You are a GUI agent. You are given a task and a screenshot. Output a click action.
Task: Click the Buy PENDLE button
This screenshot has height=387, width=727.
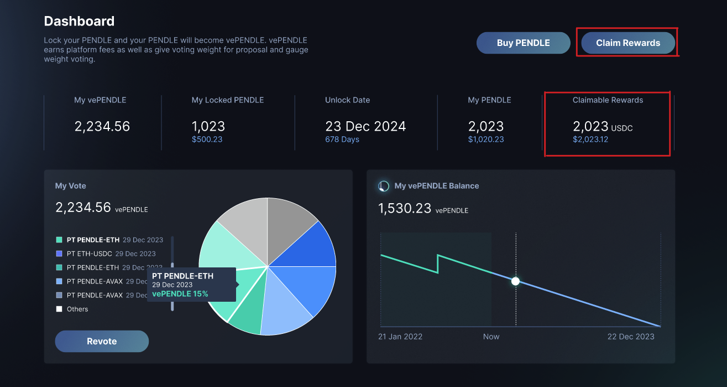(523, 43)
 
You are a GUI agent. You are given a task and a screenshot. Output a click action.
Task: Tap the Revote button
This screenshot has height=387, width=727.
(102, 341)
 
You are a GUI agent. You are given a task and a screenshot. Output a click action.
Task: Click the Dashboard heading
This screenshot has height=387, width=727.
(79, 22)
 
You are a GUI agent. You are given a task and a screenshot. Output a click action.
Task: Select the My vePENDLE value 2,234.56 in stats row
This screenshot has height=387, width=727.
(102, 126)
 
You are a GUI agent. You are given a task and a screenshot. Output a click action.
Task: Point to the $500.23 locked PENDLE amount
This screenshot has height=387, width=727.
(207, 140)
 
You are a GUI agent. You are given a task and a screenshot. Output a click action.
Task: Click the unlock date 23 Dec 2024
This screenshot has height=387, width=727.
(365, 126)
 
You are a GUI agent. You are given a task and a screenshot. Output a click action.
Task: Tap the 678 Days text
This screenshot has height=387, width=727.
(342, 140)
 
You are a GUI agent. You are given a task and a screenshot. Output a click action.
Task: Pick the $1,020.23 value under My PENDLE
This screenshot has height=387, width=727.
(486, 140)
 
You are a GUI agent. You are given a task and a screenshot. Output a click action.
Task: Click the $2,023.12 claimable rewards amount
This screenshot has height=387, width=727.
(590, 140)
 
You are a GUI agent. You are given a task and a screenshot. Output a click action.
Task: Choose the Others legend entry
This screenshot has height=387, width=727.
(77, 309)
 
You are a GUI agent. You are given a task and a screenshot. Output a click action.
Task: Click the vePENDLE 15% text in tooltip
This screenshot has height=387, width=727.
(180, 294)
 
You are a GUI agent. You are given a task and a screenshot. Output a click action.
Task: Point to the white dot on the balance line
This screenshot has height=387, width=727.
(516, 281)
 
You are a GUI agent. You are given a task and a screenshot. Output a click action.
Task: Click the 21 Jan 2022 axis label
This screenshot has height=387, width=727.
(400, 337)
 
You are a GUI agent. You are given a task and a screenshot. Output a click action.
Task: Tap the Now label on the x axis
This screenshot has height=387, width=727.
(491, 337)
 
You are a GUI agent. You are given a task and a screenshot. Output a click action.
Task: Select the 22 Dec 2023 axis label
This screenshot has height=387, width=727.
(631, 337)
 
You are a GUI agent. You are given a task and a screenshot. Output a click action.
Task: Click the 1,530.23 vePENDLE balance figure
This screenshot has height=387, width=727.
(405, 209)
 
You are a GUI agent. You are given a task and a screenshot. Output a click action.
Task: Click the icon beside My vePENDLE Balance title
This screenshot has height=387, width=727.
(384, 186)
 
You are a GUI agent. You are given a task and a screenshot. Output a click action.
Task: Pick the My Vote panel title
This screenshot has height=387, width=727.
(71, 186)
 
